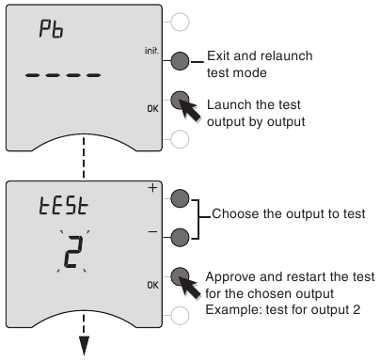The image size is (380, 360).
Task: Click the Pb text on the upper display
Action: pyautogui.click(x=51, y=29)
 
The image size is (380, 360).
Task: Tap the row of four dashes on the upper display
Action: pyautogui.click(x=63, y=75)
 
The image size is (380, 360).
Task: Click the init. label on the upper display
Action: pyautogui.click(x=151, y=51)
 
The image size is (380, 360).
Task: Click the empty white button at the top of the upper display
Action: pyautogui.click(x=180, y=22)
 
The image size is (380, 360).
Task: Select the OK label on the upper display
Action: pyautogui.click(x=152, y=109)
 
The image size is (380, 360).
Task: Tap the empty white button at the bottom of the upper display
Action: pyautogui.click(x=180, y=139)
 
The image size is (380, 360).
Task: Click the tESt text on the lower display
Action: pyautogui.click(x=64, y=205)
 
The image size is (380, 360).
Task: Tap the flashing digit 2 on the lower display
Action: pyautogui.click(x=74, y=252)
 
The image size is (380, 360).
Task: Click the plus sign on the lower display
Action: pyautogui.click(x=152, y=188)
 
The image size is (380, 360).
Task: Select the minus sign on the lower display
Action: pyautogui.click(x=152, y=232)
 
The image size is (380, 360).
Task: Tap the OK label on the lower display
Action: pyautogui.click(x=152, y=285)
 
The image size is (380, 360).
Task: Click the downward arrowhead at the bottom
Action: pyautogui.click(x=84, y=346)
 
